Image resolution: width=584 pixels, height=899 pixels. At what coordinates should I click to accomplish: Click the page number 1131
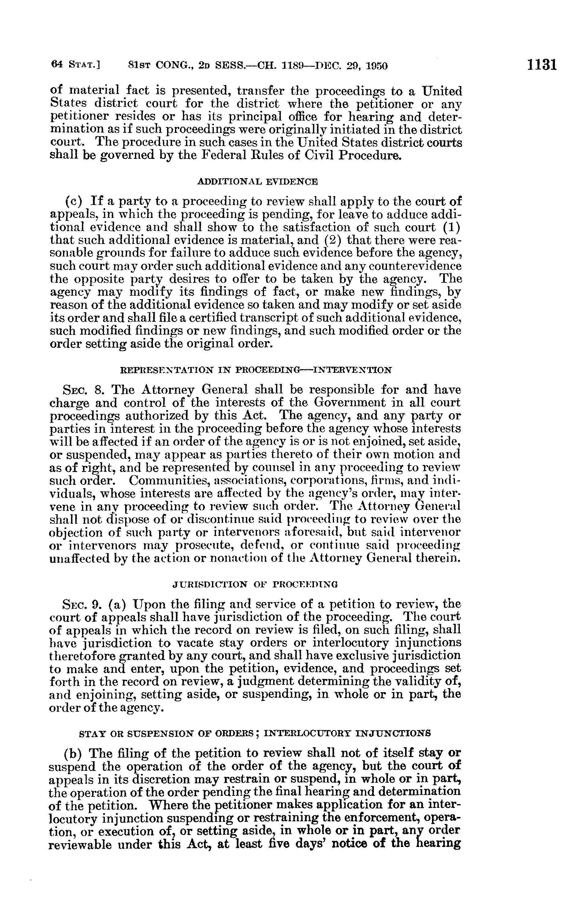click(x=542, y=65)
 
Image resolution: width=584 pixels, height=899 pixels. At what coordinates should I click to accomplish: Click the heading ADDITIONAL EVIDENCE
click(x=258, y=182)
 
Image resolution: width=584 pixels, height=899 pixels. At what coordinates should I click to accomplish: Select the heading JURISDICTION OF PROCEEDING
click(x=255, y=584)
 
